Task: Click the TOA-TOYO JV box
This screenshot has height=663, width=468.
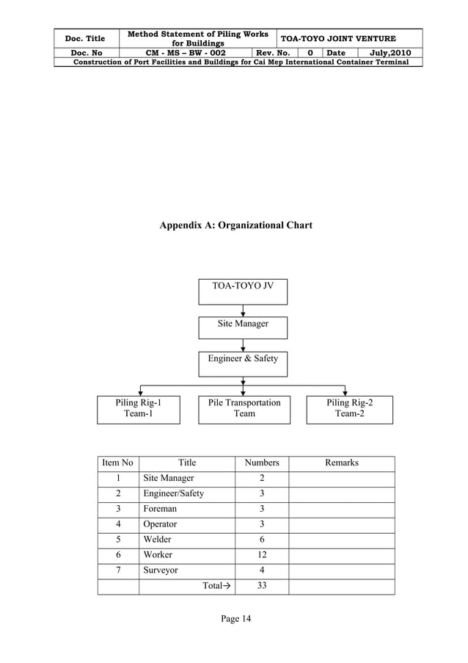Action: (243, 291)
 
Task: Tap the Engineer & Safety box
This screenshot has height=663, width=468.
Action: (243, 363)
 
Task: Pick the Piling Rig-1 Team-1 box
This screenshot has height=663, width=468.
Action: (139, 410)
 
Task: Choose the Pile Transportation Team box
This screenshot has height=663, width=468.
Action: (244, 410)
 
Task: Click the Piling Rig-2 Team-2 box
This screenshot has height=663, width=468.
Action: (350, 410)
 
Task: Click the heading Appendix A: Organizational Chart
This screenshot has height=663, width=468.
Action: (235, 225)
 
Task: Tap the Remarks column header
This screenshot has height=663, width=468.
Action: (341, 463)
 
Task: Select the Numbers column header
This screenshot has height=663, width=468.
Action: (262, 463)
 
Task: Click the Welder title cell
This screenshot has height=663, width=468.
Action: (157, 540)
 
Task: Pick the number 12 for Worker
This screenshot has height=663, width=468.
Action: (262, 555)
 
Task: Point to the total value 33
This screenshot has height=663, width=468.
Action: (262, 586)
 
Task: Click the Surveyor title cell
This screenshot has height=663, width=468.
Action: (161, 570)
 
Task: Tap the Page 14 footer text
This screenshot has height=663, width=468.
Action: (235, 620)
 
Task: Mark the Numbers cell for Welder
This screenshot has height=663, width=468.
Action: (262, 540)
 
